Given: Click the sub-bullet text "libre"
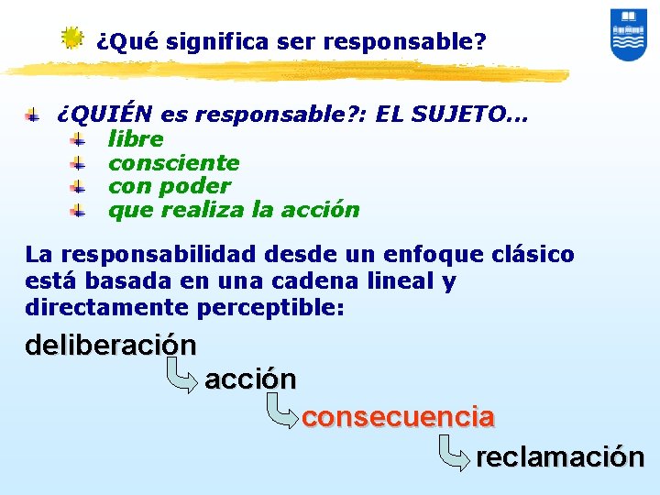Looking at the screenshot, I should (136, 139).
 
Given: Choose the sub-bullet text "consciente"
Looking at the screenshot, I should (173, 163).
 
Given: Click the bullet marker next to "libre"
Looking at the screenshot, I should (79, 140).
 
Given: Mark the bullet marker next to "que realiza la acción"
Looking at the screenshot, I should (79, 211).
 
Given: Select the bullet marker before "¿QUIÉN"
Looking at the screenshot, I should (32, 115).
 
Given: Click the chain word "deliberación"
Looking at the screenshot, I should (110, 346).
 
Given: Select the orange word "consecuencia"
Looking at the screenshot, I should (398, 417).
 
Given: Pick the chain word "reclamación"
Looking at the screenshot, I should (559, 456).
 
